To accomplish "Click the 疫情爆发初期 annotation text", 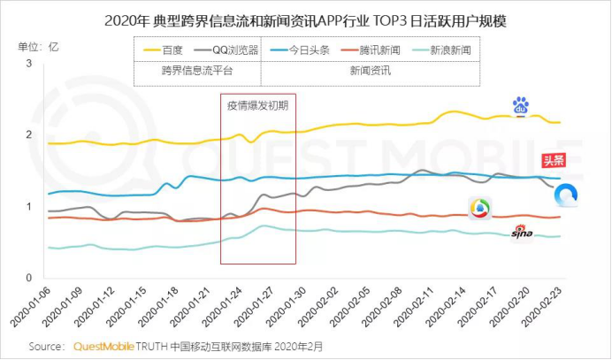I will (257, 105).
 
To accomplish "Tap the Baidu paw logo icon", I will (520, 106).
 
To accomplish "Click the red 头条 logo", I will (554, 160).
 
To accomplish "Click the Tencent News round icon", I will (479, 208).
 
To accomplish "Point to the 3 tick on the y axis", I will (28, 65).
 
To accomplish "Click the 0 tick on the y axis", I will (28, 279).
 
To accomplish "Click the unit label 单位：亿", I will (39, 45).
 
